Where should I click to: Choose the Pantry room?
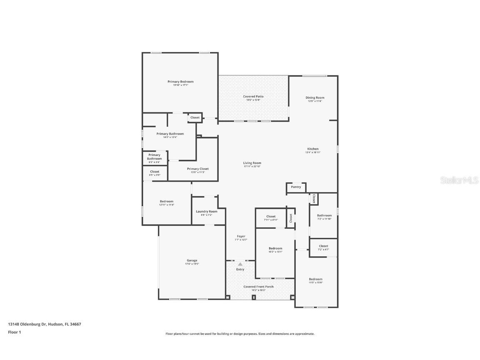coord(296,187)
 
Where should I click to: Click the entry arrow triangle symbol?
coord(240,264)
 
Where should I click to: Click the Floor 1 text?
coord(14,332)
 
